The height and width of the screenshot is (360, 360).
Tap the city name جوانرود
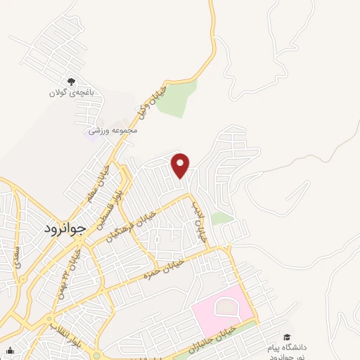pyautogui.click(x=63, y=229)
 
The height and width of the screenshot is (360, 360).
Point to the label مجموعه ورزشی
pyautogui.click(x=112, y=130)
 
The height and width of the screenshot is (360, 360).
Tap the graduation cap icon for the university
pyautogui.click(x=286, y=337)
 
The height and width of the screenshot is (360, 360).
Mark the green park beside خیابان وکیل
pyautogui.click(x=181, y=98)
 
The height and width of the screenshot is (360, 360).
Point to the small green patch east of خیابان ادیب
pyautogui.click(x=222, y=218)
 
